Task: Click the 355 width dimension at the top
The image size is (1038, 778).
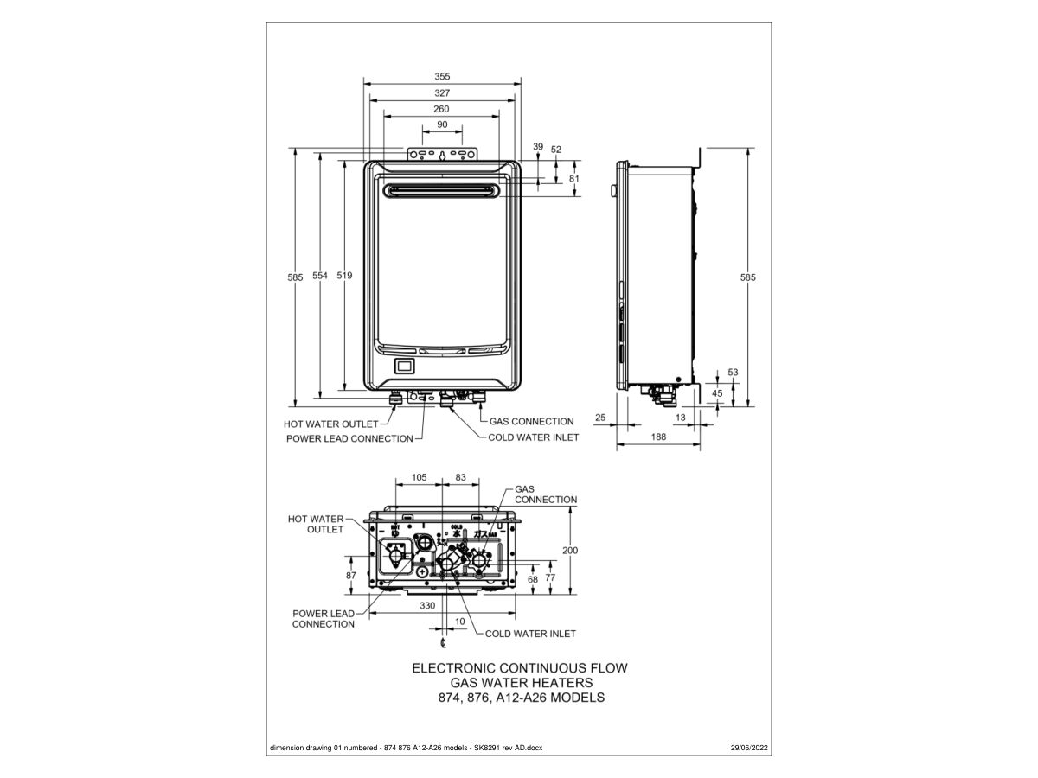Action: [x=442, y=76]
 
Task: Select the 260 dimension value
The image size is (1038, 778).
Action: [x=441, y=109]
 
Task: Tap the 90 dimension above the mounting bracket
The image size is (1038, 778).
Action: [x=442, y=124]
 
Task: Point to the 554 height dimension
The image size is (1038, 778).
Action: [x=320, y=276]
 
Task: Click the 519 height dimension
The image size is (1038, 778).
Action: [x=344, y=276]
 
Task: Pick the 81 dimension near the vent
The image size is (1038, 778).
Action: [x=574, y=178]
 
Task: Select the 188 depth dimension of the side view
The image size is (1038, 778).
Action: [x=658, y=437]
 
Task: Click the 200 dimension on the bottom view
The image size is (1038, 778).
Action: [x=570, y=550]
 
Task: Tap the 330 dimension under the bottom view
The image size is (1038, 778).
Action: [x=427, y=606]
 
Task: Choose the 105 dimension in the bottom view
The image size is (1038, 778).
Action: [x=419, y=477]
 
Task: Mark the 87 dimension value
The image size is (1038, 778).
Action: [x=350, y=575]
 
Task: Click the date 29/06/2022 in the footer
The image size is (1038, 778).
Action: [x=749, y=747]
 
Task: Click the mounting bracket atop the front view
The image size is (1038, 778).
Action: [x=442, y=155]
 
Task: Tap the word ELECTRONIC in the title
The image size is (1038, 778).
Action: [x=454, y=668]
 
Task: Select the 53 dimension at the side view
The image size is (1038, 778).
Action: [x=734, y=372]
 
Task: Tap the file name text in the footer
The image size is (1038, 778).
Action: [x=407, y=747]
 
